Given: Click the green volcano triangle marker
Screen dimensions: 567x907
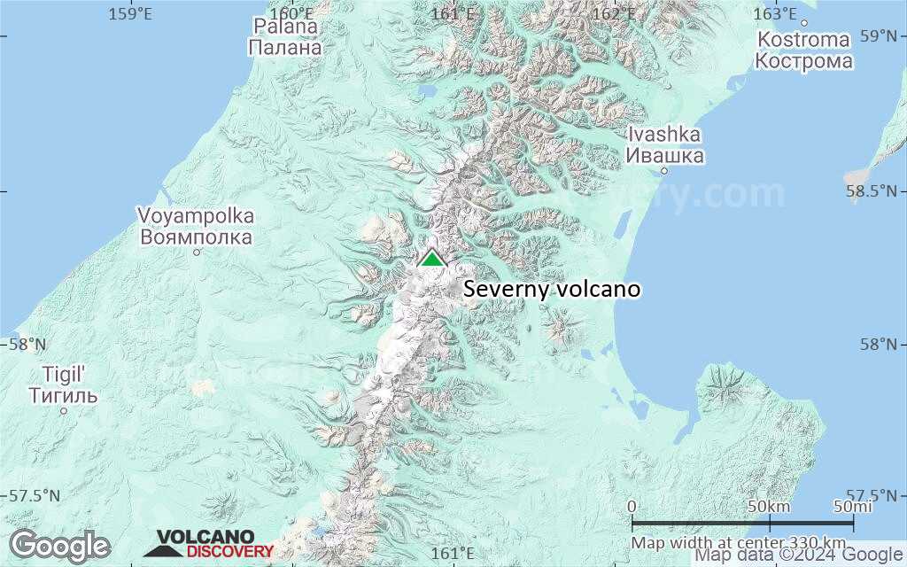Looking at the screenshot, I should [431, 258].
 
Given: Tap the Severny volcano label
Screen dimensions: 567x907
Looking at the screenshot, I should [551, 290].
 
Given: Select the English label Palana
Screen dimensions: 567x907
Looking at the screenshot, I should [285, 27].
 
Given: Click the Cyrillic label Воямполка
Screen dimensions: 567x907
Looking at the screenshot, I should [196, 237].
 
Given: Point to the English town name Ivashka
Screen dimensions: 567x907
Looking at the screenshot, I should [664, 135].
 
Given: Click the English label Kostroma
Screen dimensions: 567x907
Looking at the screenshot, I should [803, 40].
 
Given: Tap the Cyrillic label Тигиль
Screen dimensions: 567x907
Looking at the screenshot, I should [63, 395].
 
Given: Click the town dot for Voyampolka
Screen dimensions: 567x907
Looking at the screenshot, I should [197, 252].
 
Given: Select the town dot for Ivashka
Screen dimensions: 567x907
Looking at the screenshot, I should [664, 171].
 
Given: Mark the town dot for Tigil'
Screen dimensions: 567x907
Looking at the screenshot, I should [63, 410].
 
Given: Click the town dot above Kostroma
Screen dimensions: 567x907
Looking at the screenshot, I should [804, 23].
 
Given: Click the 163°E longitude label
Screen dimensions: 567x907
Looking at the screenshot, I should [775, 13].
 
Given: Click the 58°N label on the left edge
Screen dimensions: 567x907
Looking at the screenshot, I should [25, 344].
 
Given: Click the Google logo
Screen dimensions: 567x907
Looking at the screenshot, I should [59, 545].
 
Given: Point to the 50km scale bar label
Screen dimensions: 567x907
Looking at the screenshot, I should [769, 506].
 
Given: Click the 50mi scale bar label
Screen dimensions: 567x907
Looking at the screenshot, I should [852, 506].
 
